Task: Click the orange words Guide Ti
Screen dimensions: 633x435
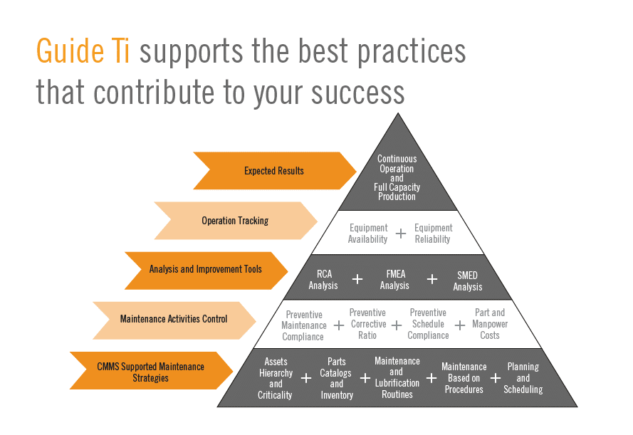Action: point(83,51)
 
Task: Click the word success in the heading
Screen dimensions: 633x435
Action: point(357,92)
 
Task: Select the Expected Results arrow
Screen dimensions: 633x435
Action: point(275,171)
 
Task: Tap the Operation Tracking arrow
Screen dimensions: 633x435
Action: point(236,221)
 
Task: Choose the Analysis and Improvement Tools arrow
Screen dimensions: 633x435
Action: point(206,271)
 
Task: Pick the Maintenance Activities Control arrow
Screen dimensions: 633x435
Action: point(174,320)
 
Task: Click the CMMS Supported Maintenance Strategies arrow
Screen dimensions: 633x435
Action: point(151,370)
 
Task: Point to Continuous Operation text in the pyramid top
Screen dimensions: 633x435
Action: point(397,164)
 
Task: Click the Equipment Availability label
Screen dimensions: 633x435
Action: point(368,234)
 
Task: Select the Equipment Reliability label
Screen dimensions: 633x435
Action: point(433,234)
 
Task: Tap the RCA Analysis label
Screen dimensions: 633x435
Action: point(323,280)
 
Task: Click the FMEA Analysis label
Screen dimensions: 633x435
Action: point(394,280)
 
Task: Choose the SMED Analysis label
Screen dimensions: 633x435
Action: point(468,281)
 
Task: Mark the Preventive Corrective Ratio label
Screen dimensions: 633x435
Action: point(368,324)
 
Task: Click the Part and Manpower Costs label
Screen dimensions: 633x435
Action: point(490,324)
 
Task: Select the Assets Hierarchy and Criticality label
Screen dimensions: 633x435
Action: point(276,379)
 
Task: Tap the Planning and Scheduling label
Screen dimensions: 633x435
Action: point(523,378)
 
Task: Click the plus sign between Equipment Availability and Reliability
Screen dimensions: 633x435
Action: point(401,234)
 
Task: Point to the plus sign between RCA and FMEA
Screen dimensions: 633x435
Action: point(357,279)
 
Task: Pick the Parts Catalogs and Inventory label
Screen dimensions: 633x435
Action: point(337,379)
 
